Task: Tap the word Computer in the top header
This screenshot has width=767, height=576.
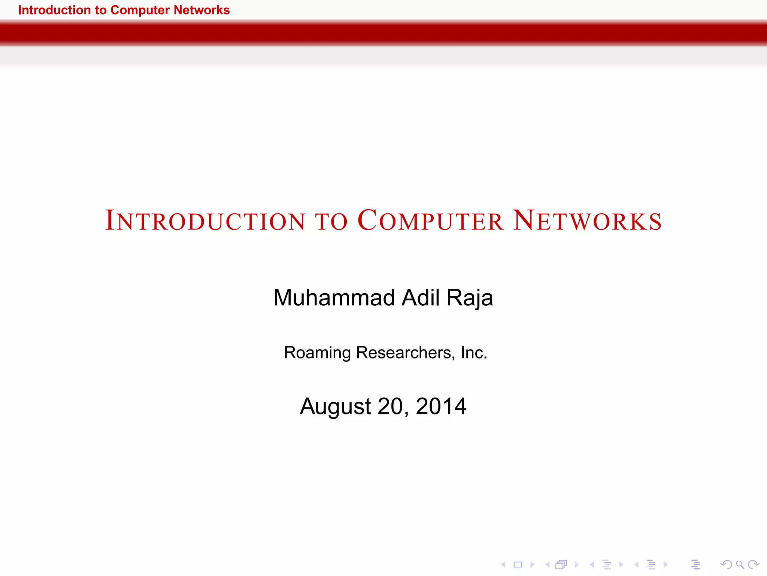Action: click(x=140, y=10)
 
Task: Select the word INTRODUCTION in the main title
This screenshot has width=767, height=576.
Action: click(x=205, y=220)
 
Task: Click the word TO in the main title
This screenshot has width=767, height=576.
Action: click(x=332, y=221)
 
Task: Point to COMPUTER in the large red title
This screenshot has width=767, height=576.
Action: click(x=430, y=220)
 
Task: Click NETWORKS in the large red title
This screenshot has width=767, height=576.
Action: click(x=587, y=220)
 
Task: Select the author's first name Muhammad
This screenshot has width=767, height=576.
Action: click(x=334, y=298)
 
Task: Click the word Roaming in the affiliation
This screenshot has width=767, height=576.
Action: click(x=317, y=353)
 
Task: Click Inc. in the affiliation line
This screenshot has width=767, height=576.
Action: click(x=474, y=352)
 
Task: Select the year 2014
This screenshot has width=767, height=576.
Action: click(x=441, y=406)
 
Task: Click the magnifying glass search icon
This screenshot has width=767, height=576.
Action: click(x=740, y=564)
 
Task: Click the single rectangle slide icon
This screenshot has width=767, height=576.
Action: click(x=518, y=564)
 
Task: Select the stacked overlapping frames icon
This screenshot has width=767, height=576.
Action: click(x=561, y=564)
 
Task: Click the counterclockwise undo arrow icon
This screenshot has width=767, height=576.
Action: click(x=726, y=564)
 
